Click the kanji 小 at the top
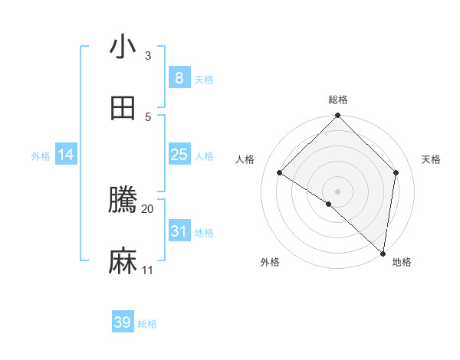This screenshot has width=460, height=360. [x=123, y=47]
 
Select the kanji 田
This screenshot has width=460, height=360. [x=123, y=108]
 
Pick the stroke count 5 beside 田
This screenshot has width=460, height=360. [x=148, y=116]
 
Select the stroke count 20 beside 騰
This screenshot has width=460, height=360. [x=148, y=208]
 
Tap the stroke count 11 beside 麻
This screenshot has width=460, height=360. [x=148, y=270]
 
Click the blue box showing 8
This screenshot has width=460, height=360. [x=179, y=77]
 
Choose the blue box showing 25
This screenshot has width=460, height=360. [x=179, y=155]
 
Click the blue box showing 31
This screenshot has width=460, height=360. [x=179, y=231]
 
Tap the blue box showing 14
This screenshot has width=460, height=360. [x=66, y=155]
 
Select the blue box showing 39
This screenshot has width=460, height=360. [x=123, y=322]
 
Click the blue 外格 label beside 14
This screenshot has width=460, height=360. [x=41, y=155]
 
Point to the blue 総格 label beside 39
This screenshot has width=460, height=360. [x=148, y=324]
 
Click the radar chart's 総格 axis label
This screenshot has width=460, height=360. [x=337, y=100]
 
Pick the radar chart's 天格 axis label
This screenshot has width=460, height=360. [x=432, y=159]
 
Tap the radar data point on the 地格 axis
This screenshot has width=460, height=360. [x=383, y=254]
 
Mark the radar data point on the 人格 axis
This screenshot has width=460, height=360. [x=279, y=172]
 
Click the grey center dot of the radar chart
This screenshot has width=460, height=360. [x=337, y=191]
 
